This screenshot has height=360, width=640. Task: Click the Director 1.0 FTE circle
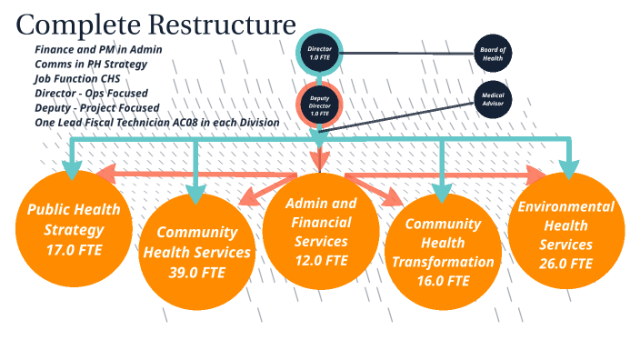(319, 53)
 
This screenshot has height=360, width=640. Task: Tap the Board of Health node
(493, 53)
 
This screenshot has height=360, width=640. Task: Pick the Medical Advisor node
(492, 100)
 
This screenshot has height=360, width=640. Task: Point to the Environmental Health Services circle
(565, 226)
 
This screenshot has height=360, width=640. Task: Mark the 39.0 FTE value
(196, 273)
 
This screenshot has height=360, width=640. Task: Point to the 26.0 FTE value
(565, 264)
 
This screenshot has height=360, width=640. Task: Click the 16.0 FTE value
(442, 281)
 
